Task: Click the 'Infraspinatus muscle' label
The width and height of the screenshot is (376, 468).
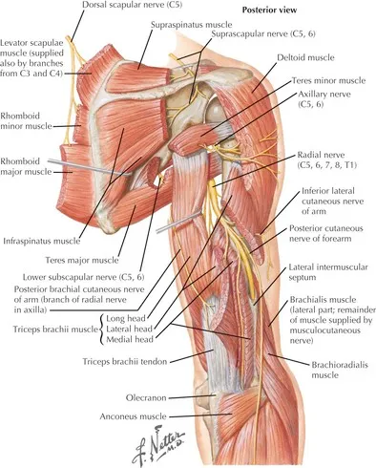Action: point(43,242)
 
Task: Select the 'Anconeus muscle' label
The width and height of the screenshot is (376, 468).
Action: point(141,415)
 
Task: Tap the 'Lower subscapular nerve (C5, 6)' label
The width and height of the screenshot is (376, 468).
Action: point(94,276)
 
